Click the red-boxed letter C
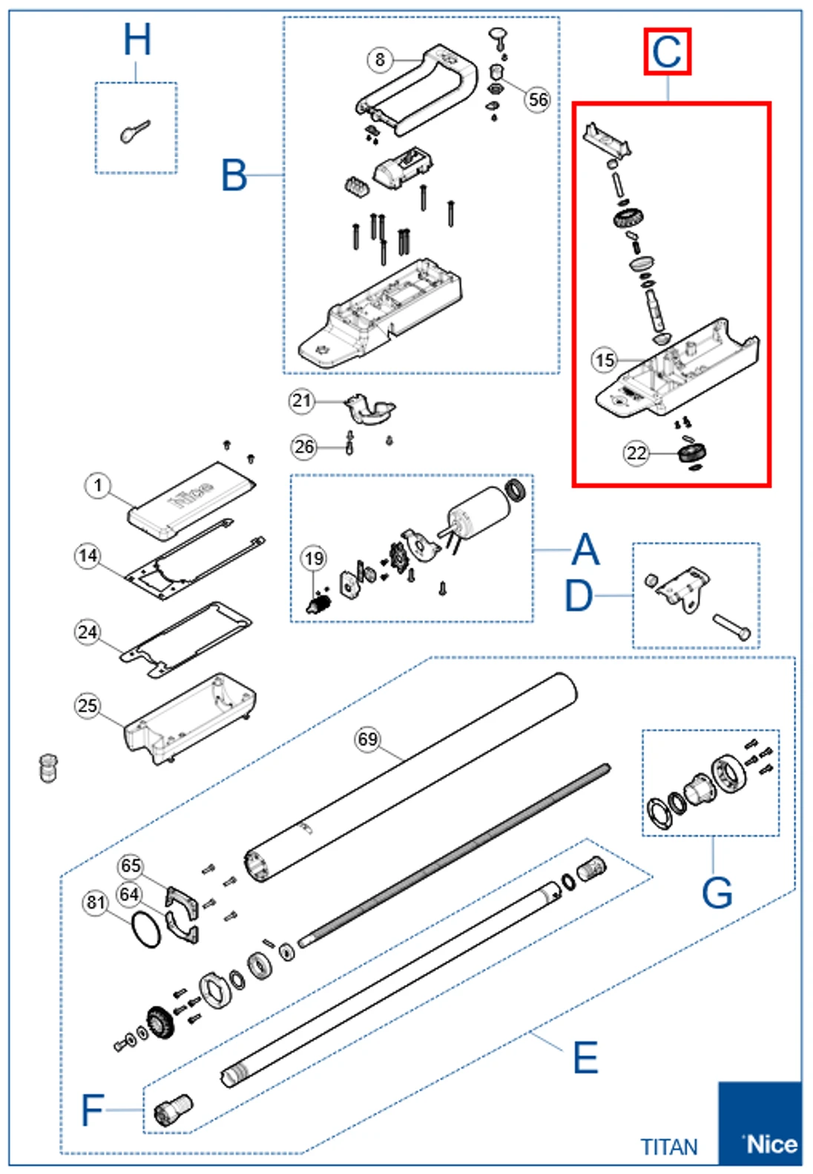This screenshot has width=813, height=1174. (667, 52)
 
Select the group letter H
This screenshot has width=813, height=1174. (137, 40)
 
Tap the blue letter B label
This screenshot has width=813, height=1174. (234, 176)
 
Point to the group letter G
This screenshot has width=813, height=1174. (717, 892)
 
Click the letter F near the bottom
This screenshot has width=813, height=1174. (92, 1110)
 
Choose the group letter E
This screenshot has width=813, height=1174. (585, 1058)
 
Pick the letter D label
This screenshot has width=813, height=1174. (579, 596)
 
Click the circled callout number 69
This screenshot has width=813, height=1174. (368, 739)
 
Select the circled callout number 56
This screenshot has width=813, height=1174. (538, 99)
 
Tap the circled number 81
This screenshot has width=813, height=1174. (96, 902)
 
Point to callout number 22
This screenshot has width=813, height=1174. (636, 452)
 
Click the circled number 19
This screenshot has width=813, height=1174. (314, 558)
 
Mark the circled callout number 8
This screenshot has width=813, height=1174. (380, 59)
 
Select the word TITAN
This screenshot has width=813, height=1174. (669, 1147)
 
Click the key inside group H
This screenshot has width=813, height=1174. (135, 131)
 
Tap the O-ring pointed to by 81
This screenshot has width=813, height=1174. (145, 929)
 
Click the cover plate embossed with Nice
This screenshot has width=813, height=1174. (191, 500)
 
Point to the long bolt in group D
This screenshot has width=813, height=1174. (731, 626)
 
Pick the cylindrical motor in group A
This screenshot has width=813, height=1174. (477, 513)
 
